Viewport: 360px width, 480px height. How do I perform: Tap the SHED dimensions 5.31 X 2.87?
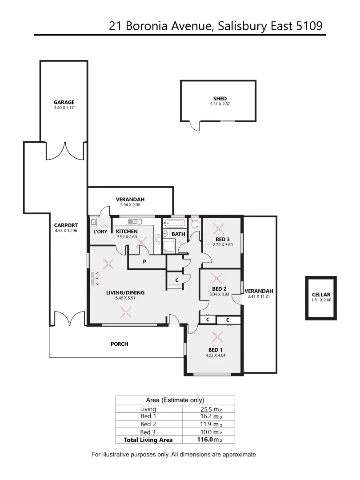(x=220, y=104)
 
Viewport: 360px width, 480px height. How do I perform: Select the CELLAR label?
(x=321, y=295)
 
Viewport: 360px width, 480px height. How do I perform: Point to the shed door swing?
(x=195, y=126)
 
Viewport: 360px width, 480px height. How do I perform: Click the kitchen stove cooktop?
(x=157, y=240)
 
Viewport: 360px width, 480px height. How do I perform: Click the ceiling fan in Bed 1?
(x=217, y=336)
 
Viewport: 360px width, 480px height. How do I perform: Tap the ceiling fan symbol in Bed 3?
(x=218, y=229)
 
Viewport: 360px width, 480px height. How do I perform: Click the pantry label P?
(x=144, y=262)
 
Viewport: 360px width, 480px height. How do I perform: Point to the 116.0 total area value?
(x=208, y=440)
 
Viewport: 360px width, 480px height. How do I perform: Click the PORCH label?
(x=119, y=344)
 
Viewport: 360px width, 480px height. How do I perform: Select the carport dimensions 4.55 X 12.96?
(x=66, y=231)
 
